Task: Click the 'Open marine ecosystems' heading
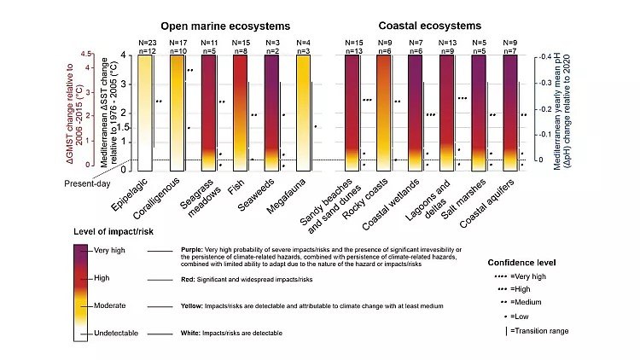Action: tap(217, 26)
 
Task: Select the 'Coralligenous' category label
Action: tap(173, 193)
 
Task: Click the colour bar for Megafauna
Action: tap(306, 107)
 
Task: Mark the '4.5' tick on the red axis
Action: tap(85, 54)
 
